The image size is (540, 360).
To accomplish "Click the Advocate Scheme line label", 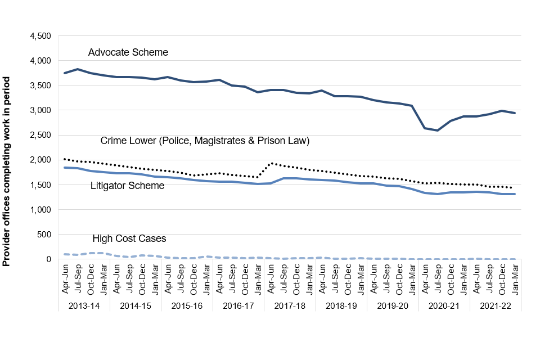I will click(128, 52).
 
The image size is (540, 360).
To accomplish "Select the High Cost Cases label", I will click(129, 238).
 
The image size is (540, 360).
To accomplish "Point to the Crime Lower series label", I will click(205, 141).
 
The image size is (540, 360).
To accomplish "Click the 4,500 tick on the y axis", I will click(40, 36).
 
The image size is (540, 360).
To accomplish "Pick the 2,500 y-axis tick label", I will click(40, 135).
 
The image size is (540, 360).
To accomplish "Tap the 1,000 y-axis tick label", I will click(40, 209).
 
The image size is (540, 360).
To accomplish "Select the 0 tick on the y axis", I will click(48, 259).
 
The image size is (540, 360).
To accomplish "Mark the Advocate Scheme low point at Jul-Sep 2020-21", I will click(438, 130).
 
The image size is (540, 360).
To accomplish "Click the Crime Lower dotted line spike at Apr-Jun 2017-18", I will click(272, 163).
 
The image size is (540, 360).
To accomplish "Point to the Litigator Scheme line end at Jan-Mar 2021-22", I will click(515, 194).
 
